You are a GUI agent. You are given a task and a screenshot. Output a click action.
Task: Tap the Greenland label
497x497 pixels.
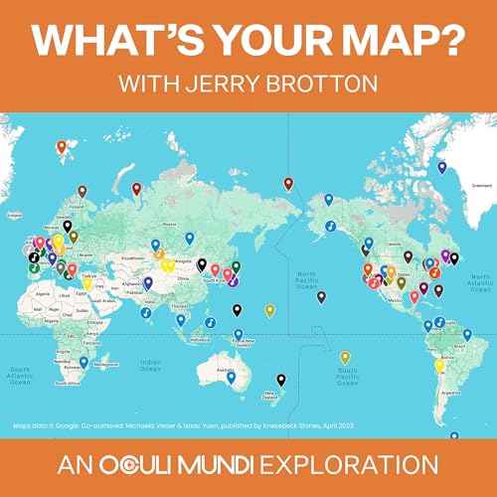pyautogui.click(x=481, y=185)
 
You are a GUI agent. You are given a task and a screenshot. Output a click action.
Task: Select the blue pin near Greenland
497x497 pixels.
pyautogui.click(x=441, y=166)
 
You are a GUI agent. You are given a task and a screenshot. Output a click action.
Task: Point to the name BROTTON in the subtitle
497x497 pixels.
pyautogui.click(x=325, y=83)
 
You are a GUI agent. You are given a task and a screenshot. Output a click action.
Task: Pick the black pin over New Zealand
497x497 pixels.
pyautogui.click(x=280, y=380)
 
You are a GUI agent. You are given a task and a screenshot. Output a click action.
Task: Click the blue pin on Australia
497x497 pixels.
pyautogui.click(x=231, y=379)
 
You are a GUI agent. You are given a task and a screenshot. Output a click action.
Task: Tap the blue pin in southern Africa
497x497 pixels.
pyautogui.click(x=83, y=362)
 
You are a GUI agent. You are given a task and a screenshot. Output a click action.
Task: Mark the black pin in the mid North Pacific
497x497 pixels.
pyautogui.click(x=320, y=296)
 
